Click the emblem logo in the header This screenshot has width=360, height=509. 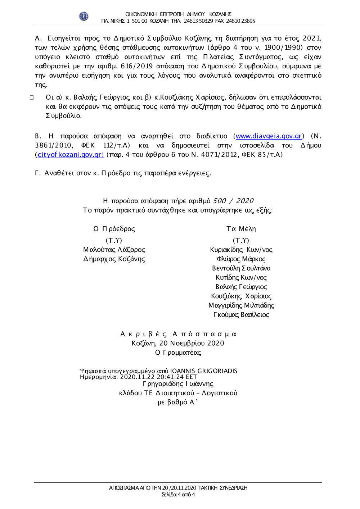[84, 16]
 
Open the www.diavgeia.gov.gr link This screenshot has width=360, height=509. [269, 136]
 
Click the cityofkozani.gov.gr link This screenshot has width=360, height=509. [71, 155]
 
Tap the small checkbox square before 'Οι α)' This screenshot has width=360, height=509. [32, 97]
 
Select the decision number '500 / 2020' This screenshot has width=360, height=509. [233, 201]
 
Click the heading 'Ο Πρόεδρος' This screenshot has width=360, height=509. [114, 229]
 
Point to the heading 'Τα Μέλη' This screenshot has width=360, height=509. [241, 229]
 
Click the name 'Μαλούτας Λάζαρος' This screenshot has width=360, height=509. [114, 250]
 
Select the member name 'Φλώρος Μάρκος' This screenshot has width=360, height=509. [241, 259]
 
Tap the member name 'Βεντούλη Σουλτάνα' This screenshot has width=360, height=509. [241, 268]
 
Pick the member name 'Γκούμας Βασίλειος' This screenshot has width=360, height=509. [241, 315]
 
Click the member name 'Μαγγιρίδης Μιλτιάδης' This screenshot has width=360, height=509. [241, 305]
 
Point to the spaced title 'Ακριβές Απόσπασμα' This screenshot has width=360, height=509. [178, 334]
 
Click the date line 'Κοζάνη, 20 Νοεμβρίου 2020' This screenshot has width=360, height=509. [178, 343]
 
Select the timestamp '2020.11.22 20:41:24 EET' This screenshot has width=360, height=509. [159, 377]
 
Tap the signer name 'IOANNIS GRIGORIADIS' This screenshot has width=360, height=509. [204, 371]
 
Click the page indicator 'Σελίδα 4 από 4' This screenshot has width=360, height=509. [178, 495]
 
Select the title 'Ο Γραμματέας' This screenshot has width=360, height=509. [178, 353]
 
